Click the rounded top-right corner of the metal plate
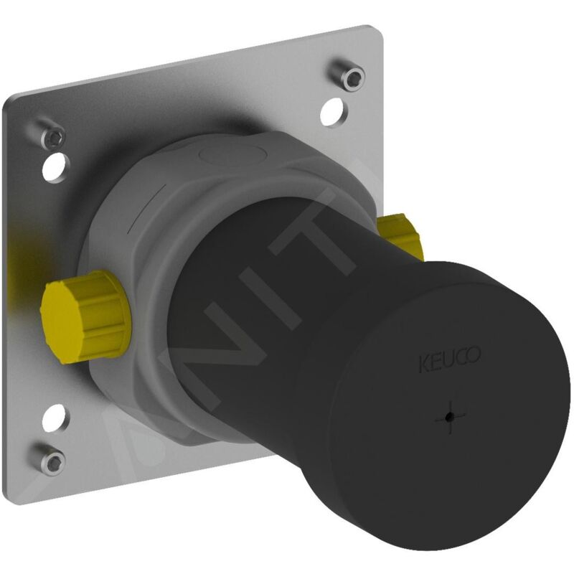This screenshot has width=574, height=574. click(x=370, y=36)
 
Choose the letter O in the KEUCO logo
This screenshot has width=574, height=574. click(x=475, y=355)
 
